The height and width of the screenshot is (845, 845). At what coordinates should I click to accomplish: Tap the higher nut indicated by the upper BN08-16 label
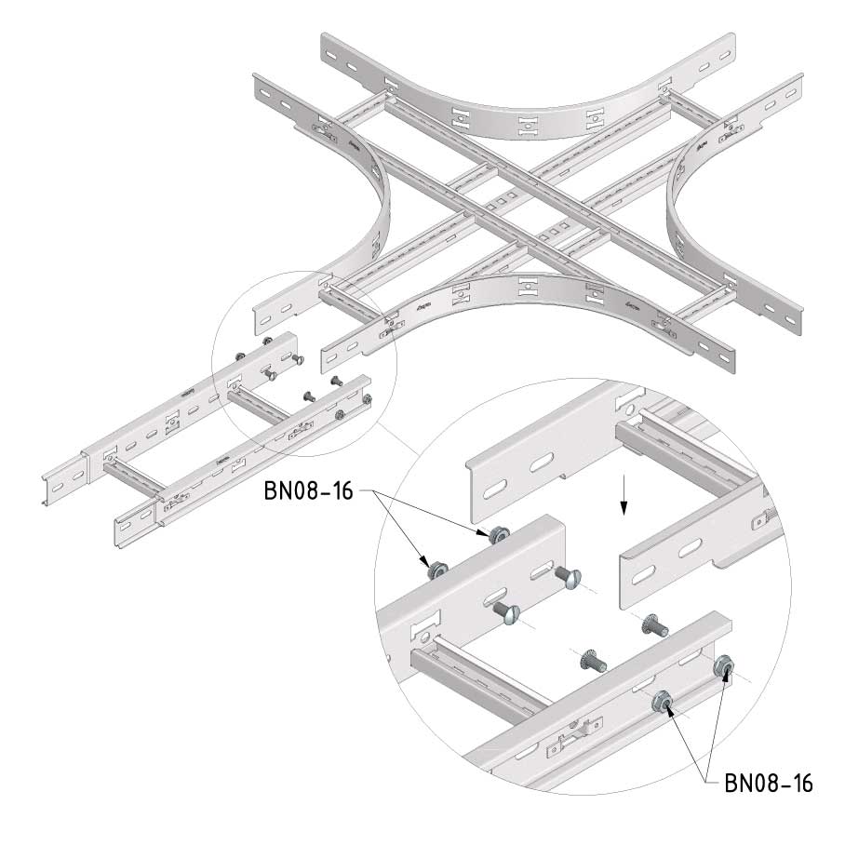[496, 534]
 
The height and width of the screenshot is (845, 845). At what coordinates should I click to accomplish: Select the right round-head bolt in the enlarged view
[567, 577]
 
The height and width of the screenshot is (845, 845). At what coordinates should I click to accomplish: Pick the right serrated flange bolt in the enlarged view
[654, 627]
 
